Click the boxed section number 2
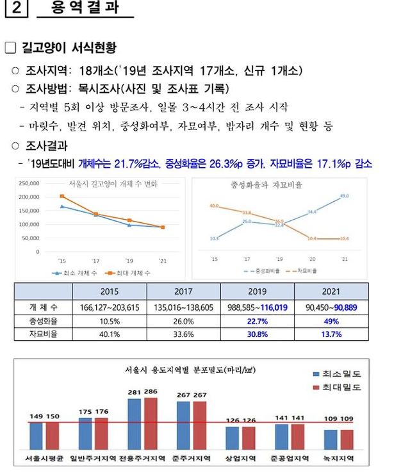pyautogui.click(x=15, y=12)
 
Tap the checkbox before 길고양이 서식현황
pyautogui.click(x=10, y=48)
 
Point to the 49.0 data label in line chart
pyautogui.click(x=344, y=196)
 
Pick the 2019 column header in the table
pyautogui.click(x=258, y=292)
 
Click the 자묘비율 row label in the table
pyautogui.click(x=44, y=334)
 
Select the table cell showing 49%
pyautogui.click(x=331, y=321)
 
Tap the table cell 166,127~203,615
pyautogui.click(x=110, y=307)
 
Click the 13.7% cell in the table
pyautogui.click(x=331, y=334)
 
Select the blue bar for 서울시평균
pyautogui.click(x=36, y=435)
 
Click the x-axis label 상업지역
pyautogui.click(x=241, y=459)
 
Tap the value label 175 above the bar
pyautogui.click(x=86, y=412)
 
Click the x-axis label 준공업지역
pyautogui.click(x=290, y=459)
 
